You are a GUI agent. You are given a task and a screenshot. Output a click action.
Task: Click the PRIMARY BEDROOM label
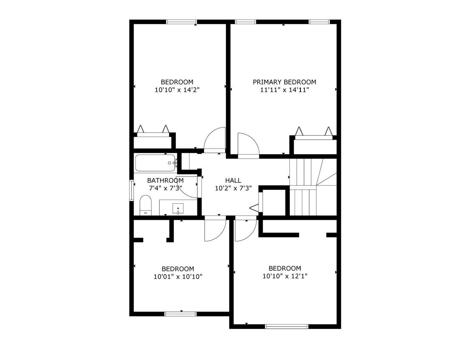[284, 82]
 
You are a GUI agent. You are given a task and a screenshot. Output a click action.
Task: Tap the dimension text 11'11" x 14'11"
[284, 90]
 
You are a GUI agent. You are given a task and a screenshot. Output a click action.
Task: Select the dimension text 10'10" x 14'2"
[177, 90]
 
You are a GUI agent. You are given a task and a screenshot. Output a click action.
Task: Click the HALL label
[233, 180]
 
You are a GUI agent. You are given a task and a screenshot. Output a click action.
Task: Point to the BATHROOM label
[165, 180]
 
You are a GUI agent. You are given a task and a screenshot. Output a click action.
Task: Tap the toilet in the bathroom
[145, 205]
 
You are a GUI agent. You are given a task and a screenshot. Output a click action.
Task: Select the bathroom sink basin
[178, 208]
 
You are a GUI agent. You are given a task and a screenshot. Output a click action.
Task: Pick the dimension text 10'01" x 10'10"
[178, 277]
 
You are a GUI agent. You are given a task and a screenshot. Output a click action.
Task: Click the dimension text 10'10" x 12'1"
[285, 276]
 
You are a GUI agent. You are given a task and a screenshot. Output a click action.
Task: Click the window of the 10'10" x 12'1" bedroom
[286, 326]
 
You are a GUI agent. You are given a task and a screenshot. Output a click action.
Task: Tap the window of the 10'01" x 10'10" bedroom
[181, 314]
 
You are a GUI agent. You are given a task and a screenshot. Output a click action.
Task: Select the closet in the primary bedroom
[313, 145]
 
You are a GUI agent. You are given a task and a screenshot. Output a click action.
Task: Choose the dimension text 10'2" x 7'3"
[233, 189]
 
